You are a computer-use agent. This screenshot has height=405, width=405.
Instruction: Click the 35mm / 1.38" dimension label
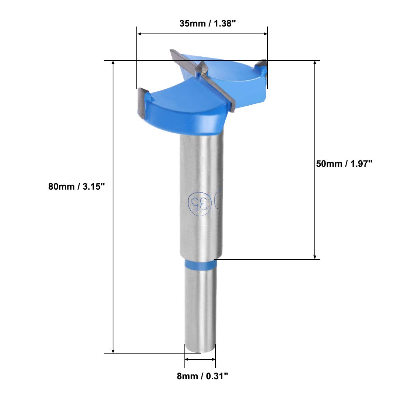point(207,23)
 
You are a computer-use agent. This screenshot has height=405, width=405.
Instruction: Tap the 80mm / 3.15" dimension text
point(77,186)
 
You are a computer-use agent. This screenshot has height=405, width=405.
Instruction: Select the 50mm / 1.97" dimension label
point(344,163)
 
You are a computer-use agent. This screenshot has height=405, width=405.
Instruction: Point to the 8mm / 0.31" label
point(202,376)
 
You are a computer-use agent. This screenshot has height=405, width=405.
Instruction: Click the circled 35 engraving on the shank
point(200,204)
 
